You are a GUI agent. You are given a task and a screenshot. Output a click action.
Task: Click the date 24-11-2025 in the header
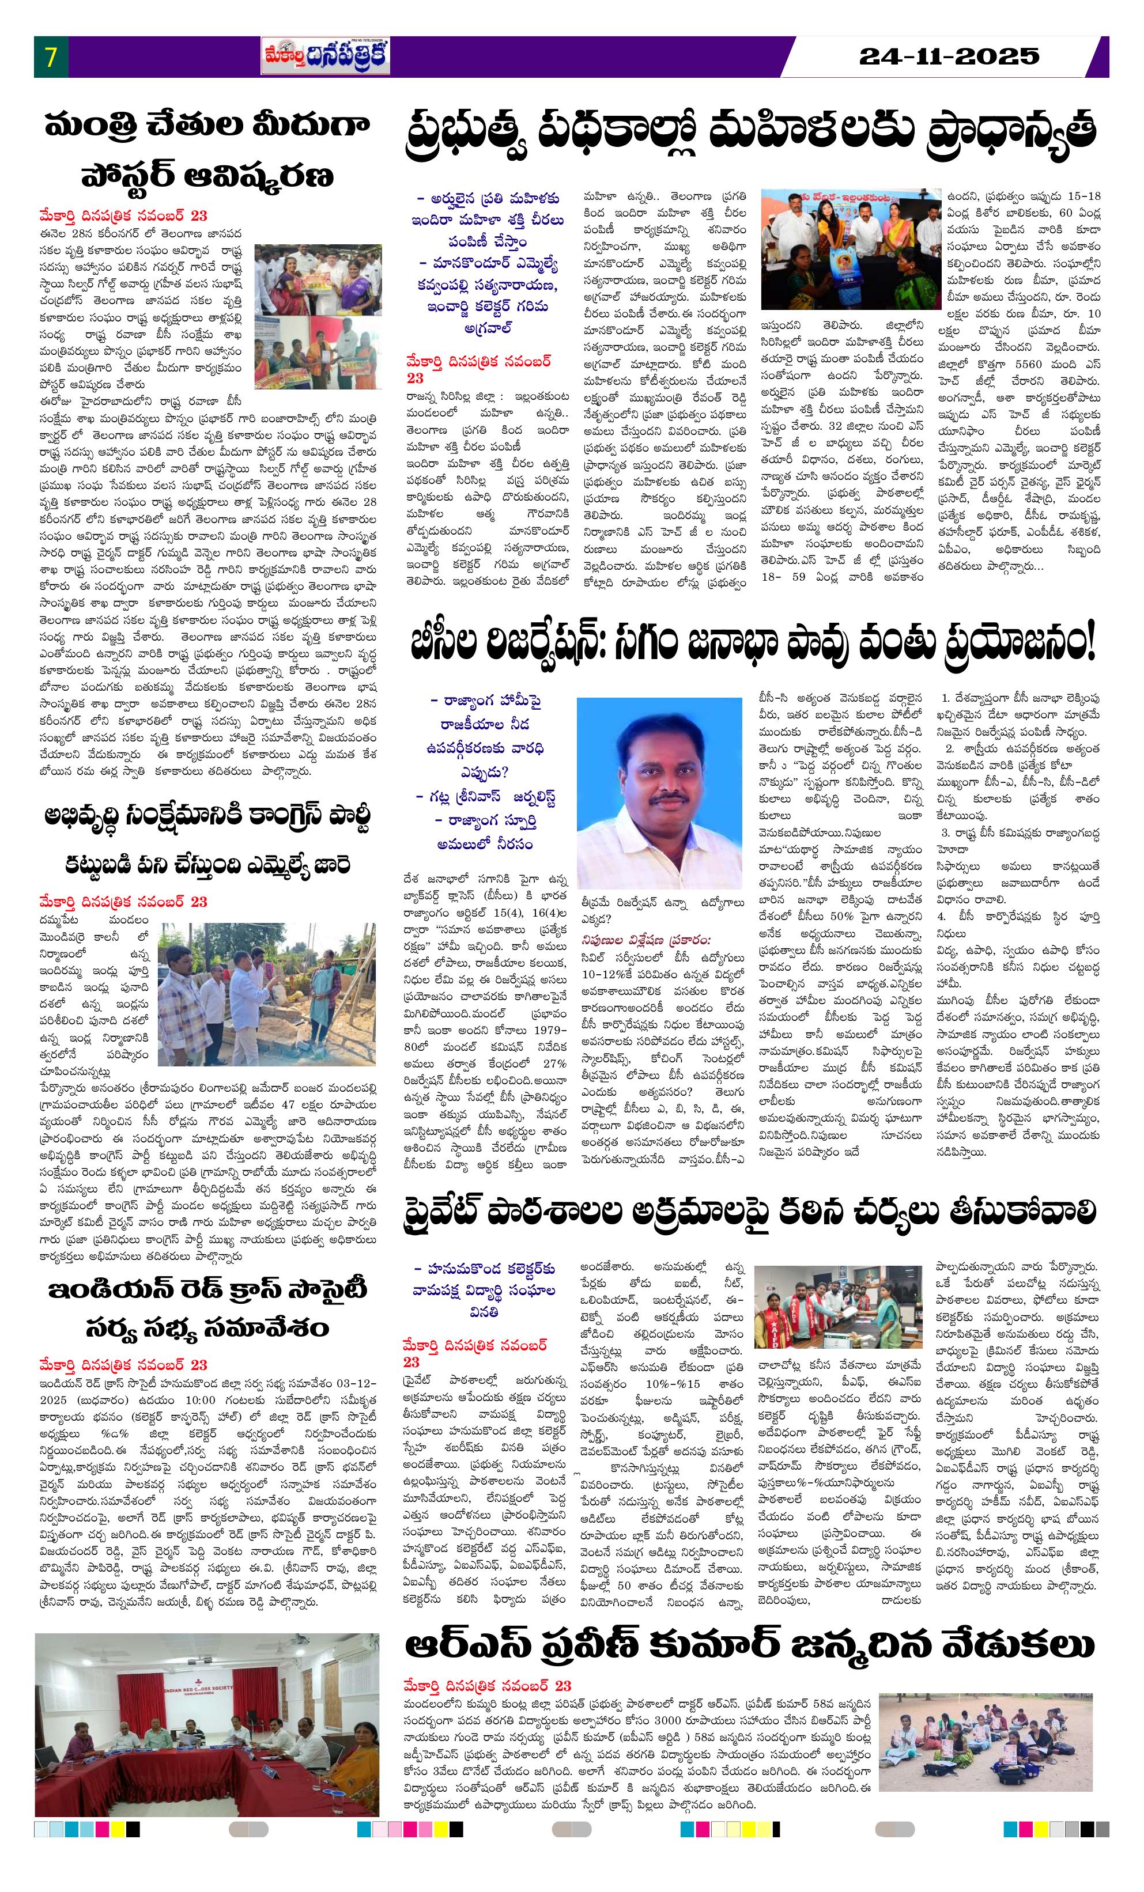[949, 56]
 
